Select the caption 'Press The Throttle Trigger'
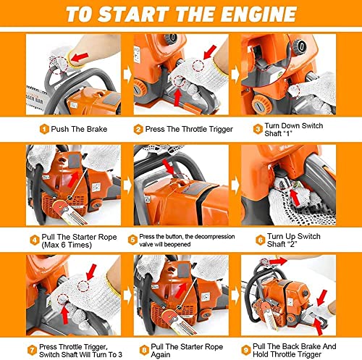point(179,129)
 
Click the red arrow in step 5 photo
point(169,169)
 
